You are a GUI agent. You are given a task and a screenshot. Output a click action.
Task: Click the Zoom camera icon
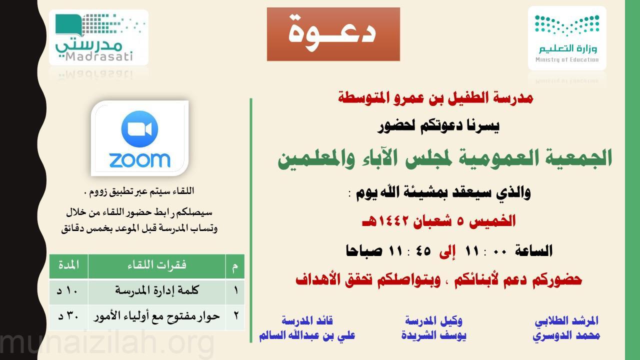click(139, 129)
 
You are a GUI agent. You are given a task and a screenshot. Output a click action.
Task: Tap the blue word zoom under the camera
click(139, 160)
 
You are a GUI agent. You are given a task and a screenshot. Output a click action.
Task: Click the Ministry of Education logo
click(567, 38)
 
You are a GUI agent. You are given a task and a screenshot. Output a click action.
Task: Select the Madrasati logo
click(98, 37)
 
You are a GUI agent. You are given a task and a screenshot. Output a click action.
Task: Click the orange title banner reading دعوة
click(333, 34)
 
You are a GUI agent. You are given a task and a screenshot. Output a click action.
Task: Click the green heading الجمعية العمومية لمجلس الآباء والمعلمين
click(445, 159)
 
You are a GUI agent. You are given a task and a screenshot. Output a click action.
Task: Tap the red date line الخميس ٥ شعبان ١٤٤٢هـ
click(438, 221)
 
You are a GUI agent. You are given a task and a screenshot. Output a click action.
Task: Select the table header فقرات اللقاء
click(157, 265)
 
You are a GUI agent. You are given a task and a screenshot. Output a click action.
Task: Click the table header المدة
click(68, 265)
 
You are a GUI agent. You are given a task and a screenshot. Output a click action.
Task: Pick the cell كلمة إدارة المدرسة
click(157, 291)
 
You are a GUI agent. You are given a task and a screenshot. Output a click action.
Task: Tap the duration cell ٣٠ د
click(68, 317)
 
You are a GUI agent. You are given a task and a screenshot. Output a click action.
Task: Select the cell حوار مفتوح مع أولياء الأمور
click(156, 317)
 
